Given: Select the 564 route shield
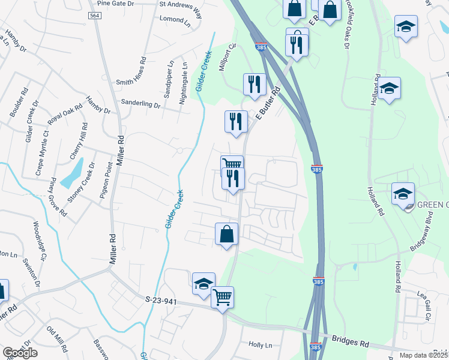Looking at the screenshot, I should pyautogui.click(x=94, y=16).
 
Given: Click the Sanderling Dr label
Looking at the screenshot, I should pyautogui.click(x=140, y=103).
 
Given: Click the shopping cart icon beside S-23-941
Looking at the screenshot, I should pyautogui.click(x=223, y=296).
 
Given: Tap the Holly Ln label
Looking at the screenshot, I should pyautogui.click(x=260, y=345).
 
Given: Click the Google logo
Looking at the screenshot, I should pyautogui.click(x=20, y=353).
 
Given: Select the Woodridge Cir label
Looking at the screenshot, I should pyautogui.click(x=40, y=241).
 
